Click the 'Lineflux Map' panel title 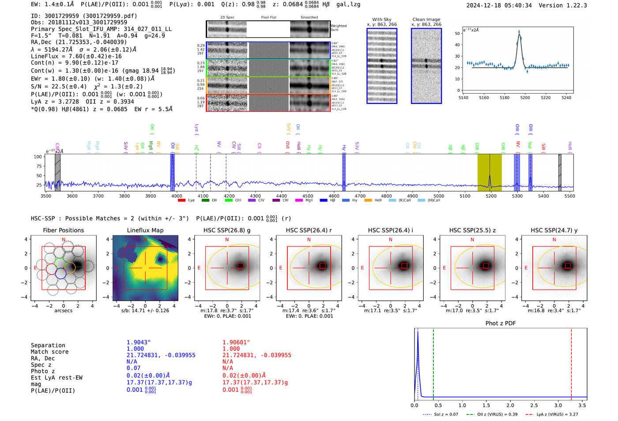pyautogui.click(x=145, y=230)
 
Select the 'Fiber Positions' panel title pyautogui.click(x=63, y=230)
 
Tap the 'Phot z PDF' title pyautogui.click(x=501, y=323)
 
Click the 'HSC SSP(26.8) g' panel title pyautogui.click(x=227, y=230)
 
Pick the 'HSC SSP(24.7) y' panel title pyautogui.click(x=554, y=230)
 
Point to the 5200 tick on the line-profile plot pyautogui.click(x=525, y=98)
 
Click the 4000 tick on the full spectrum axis pyautogui.click(x=177, y=196)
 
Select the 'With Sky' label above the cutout pyautogui.click(x=382, y=19)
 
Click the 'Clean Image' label pyautogui.click(x=426, y=19)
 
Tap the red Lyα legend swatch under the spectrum pyautogui.click(x=181, y=201)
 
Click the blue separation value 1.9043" pyautogui.click(x=139, y=342)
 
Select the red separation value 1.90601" pyautogui.click(x=236, y=342)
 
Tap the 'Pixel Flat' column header pyautogui.click(x=268, y=18)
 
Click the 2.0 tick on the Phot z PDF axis pyautogui.click(x=510, y=405)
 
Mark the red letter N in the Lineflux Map pyautogui.click(x=145, y=240)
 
